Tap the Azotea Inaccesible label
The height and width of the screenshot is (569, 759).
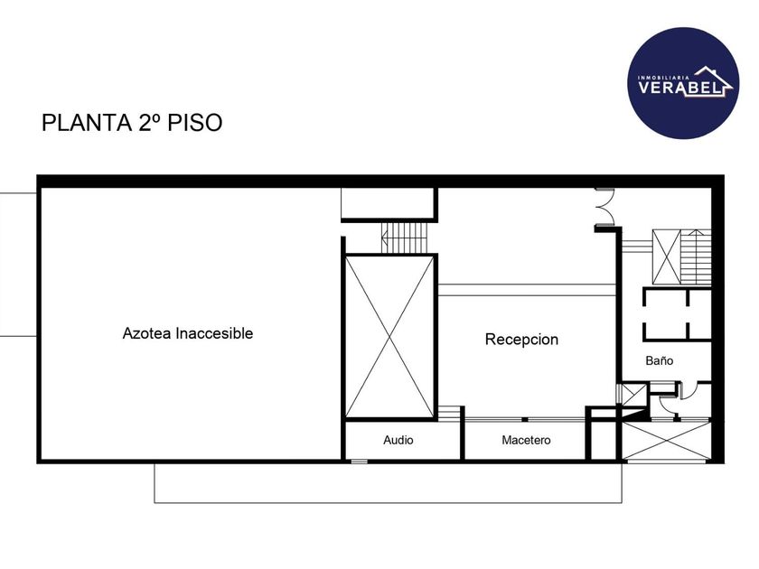click(188, 333)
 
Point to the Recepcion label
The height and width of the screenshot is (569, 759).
click(521, 340)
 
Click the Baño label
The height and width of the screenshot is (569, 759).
click(659, 360)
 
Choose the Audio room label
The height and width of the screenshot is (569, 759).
click(398, 441)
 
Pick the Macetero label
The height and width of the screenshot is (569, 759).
click(526, 441)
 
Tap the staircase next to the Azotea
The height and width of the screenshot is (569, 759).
click(404, 238)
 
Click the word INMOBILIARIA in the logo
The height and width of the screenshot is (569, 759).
click(664, 78)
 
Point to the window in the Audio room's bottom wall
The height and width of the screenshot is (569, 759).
click(360, 462)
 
